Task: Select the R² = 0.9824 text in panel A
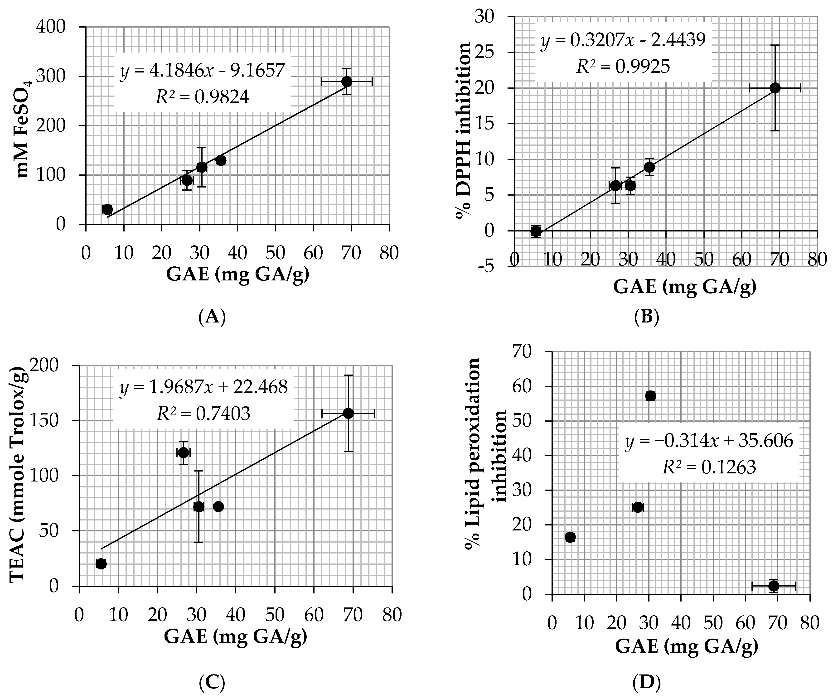[x=202, y=97]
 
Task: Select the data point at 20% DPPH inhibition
[x=775, y=88]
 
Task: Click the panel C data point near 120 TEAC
[x=183, y=452]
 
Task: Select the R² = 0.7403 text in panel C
[x=203, y=414]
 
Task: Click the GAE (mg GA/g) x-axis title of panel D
[x=687, y=646]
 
